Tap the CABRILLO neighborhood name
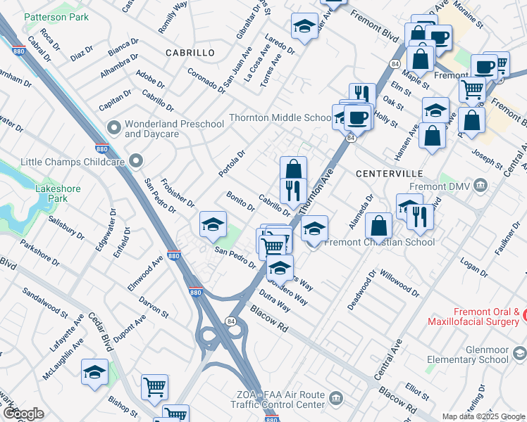(x=190, y=53)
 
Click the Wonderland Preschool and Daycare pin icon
(x=113, y=128)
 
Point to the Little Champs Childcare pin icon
(x=136, y=161)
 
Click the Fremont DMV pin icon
(x=480, y=186)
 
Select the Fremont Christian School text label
(x=381, y=242)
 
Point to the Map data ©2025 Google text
(x=482, y=416)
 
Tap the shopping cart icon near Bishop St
(x=154, y=386)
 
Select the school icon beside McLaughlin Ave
(x=94, y=372)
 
